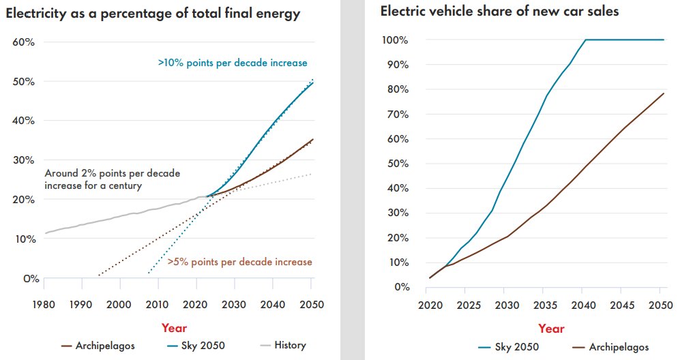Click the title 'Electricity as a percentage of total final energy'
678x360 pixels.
coord(154,14)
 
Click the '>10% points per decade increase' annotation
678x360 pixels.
coord(232,63)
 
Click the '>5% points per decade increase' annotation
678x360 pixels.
coord(239,262)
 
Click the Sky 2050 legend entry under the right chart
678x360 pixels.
coord(515,347)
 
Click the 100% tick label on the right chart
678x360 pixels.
coord(395,40)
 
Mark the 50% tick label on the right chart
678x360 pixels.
coord(397,164)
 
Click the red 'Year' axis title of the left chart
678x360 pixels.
coord(175,327)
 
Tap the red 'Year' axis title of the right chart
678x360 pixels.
coord(551,329)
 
